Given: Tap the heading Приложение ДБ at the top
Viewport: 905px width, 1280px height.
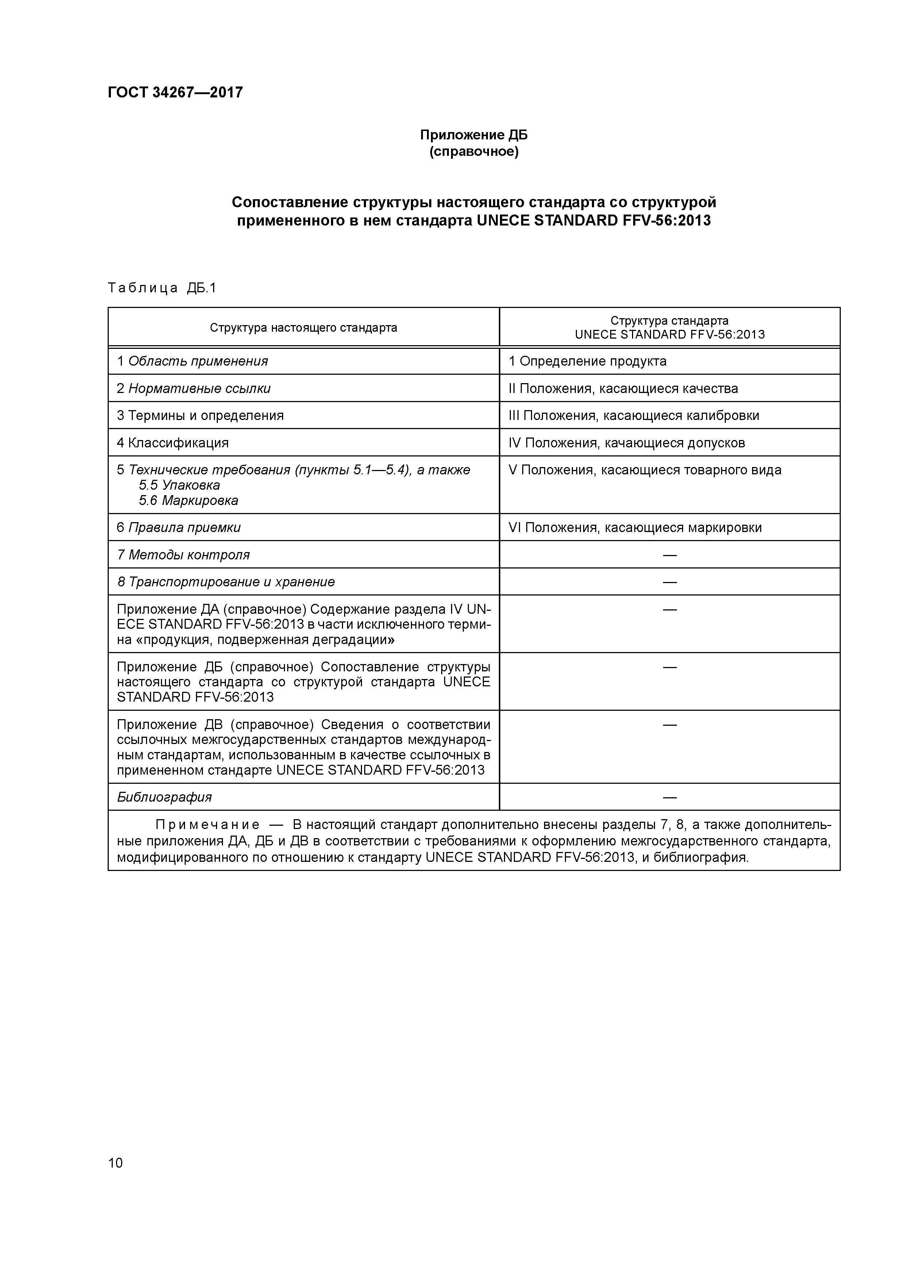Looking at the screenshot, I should [x=473, y=135].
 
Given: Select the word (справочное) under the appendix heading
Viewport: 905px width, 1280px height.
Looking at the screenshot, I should [x=473, y=152].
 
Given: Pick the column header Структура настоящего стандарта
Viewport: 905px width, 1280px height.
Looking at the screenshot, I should [x=303, y=328].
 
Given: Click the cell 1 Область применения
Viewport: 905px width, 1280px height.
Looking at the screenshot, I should [x=192, y=361].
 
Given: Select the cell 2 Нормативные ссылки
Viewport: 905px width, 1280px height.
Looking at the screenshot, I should [x=193, y=389].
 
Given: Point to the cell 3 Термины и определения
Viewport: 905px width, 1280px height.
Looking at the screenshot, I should [x=200, y=415].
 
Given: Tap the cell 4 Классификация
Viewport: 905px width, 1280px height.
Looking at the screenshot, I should [x=173, y=443].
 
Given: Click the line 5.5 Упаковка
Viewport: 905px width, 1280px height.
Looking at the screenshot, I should [x=180, y=485].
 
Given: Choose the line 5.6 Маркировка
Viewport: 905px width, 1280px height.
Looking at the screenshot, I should [x=188, y=501].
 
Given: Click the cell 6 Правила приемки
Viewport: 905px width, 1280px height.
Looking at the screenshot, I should [x=179, y=527].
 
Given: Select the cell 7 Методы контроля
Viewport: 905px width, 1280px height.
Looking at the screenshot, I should [x=184, y=555].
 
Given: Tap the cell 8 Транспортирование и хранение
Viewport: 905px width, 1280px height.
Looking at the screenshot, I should [x=226, y=582].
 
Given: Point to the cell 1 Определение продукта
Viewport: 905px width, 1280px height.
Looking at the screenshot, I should [x=587, y=361].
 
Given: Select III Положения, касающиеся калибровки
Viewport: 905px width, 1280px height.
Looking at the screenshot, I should [x=633, y=415].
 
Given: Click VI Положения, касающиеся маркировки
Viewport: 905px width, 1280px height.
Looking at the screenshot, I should [x=635, y=527].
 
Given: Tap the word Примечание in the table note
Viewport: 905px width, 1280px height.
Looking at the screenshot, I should [x=207, y=825].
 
